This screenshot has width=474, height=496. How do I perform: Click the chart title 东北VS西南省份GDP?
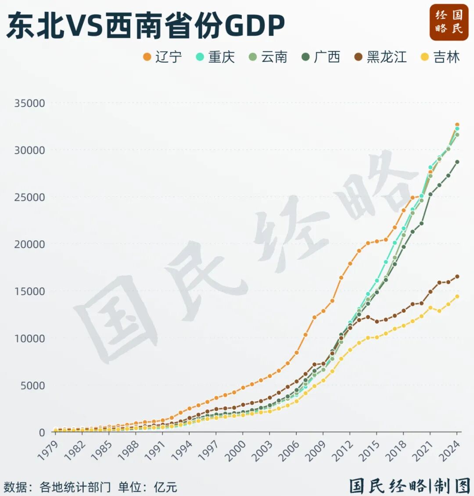point(145,25)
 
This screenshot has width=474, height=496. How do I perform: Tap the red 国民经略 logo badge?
point(449,22)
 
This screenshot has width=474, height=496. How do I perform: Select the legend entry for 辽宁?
point(163,57)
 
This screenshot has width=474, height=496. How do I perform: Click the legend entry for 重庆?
point(215,57)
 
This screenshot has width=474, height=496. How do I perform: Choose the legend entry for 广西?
point(321,57)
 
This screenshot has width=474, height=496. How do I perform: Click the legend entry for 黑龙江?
point(381,57)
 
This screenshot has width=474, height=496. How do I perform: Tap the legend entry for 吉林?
point(441,57)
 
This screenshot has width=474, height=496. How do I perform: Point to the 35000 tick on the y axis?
point(29,103)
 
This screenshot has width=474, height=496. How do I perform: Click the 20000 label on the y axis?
point(29,244)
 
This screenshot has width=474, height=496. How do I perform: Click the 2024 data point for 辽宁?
point(457,125)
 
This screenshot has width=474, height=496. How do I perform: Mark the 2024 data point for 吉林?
point(457,296)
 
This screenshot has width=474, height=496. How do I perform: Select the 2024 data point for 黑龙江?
point(457,276)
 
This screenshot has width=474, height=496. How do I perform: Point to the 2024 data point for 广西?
point(457,162)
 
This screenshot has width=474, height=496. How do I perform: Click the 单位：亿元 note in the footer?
point(147,487)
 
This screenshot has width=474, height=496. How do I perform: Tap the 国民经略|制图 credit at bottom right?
point(410,485)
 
